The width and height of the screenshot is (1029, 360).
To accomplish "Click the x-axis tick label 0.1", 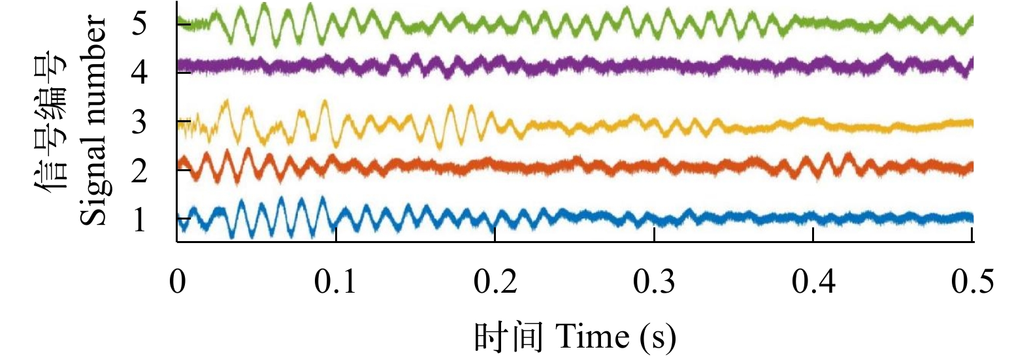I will point(335,282).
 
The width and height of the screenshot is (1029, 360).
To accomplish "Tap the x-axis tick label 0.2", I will point(495,282).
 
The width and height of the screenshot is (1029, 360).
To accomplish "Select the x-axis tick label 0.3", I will point(654,282).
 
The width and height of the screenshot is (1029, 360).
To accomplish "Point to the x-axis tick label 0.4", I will point(813,282).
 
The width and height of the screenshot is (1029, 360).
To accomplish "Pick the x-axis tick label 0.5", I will point(972,282).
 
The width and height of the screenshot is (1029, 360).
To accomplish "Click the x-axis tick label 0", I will point(177,282).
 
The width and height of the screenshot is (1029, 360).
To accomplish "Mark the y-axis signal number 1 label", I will point(139,220).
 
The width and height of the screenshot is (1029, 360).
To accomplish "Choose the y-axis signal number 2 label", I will point(139,171).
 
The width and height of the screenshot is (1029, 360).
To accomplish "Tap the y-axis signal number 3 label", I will point(139,122).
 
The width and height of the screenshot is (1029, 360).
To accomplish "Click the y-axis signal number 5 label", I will point(139,24).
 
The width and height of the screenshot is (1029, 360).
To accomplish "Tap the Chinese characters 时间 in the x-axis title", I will point(508,337).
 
